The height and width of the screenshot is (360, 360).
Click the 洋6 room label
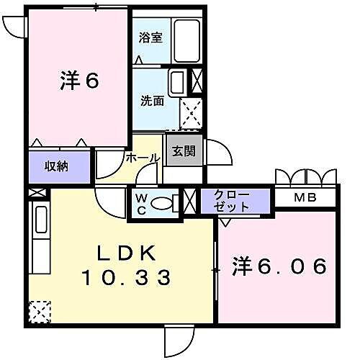tap(79, 81)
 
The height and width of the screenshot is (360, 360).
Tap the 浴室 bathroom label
tap(150, 38)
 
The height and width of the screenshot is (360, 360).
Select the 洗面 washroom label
tap(151, 101)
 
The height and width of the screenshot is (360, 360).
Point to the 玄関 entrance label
tap(183, 151)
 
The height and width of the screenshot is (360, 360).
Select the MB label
tap(307, 196)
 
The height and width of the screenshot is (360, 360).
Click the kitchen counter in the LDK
tap(40, 238)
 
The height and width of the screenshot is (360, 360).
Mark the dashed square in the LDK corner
tap(39, 311)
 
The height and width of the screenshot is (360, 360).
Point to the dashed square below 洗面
tap(191, 112)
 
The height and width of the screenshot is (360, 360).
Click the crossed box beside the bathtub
tap(196, 81)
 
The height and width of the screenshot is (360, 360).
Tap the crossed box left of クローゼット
tap(190, 201)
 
